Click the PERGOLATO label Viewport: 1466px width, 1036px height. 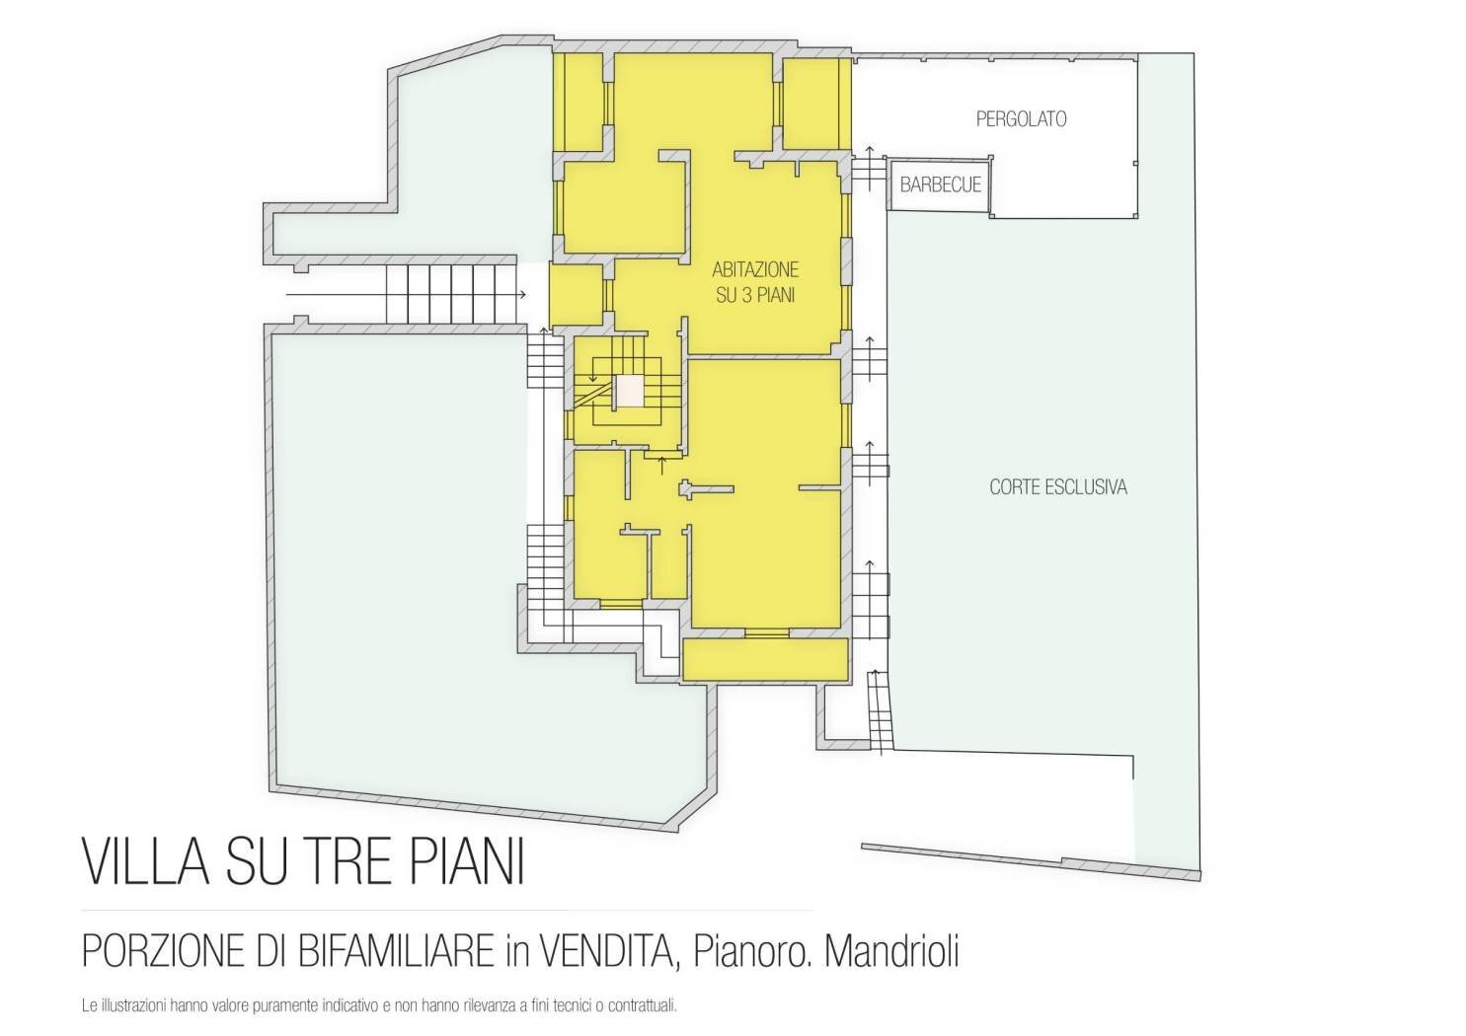click(1021, 119)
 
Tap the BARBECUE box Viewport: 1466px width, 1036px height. click(940, 185)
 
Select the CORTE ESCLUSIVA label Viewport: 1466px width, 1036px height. click(1057, 487)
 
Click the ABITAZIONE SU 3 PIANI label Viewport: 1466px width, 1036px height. click(755, 282)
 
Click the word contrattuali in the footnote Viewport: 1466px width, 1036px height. click(644, 1007)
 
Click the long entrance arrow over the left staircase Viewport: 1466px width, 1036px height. click(405, 295)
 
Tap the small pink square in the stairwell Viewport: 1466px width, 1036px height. click(629, 391)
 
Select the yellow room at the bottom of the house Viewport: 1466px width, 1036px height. click(766, 659)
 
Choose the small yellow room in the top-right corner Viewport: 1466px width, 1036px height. click(816, 103)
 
